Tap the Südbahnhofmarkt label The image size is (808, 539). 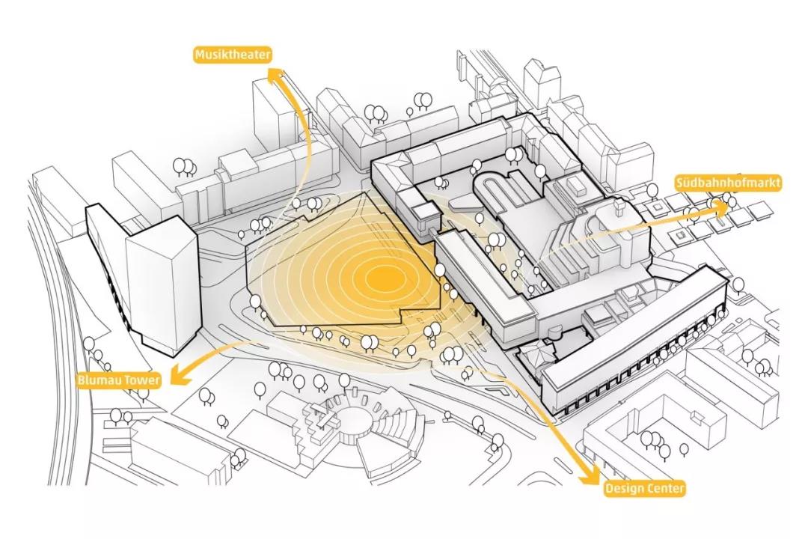(728, 183)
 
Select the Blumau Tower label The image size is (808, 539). (118, 380)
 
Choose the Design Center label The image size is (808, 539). (644, 489)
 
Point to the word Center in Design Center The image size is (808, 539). (664, 489)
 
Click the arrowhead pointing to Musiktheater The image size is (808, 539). (276, 75)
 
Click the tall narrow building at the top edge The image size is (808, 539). (542, 82)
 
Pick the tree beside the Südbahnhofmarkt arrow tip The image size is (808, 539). (732, 197)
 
